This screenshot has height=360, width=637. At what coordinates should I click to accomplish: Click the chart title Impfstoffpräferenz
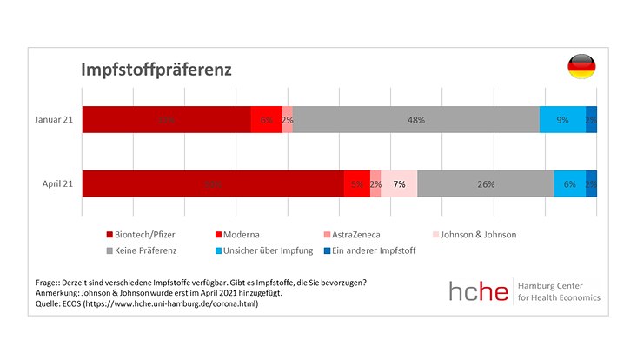point(156,69)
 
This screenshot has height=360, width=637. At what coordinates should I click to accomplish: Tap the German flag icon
point(581,67)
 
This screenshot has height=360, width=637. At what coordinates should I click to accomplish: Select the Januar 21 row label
point(55,119)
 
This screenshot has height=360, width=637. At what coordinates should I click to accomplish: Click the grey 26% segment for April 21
point(485,183)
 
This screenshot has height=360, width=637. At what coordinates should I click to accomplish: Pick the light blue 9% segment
point(562,119)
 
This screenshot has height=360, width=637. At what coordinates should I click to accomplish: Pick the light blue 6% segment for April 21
point(569,183)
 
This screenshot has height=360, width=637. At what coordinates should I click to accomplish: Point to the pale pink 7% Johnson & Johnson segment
point(399,183)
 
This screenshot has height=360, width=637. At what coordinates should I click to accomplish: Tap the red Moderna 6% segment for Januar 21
point(266,119)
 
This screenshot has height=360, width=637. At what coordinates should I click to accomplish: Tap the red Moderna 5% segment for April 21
point(356,183)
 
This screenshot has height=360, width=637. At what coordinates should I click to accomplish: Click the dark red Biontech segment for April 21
point(213,183)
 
